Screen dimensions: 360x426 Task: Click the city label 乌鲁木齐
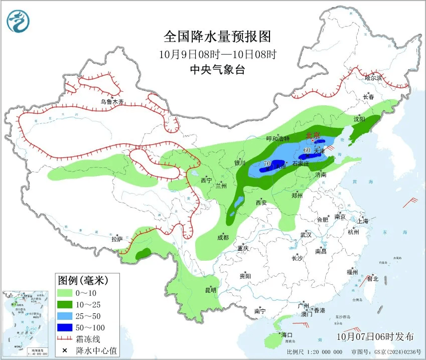[112, 102]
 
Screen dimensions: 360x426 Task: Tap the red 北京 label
[313, 134]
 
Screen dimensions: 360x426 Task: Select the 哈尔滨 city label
[373, 78]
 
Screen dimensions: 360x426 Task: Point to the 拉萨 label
[117, 239]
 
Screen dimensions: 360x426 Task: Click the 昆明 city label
[211, 290]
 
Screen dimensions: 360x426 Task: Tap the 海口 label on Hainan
[287, 334]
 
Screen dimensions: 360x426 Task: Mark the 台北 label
[373, 278]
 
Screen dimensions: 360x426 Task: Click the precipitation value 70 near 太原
[267, 163]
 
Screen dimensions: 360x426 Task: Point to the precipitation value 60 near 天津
[307, 149]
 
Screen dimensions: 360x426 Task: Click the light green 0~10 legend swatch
[64, 292]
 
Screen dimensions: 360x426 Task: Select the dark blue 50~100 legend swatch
[64, 327]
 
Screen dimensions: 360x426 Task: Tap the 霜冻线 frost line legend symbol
[64, 339]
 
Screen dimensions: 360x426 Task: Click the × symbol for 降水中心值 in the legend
[64, 350]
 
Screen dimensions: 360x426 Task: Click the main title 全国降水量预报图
[217, 37]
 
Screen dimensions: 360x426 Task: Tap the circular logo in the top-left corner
[19, 21]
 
